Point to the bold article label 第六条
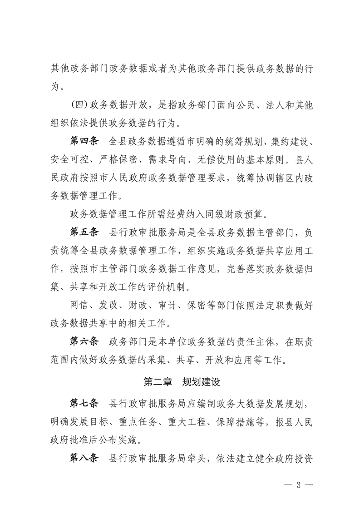[84, 341]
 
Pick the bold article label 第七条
[84, 403]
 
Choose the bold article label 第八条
[84, 458]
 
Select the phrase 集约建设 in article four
[292, 140]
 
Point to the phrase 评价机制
[170, 287]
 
